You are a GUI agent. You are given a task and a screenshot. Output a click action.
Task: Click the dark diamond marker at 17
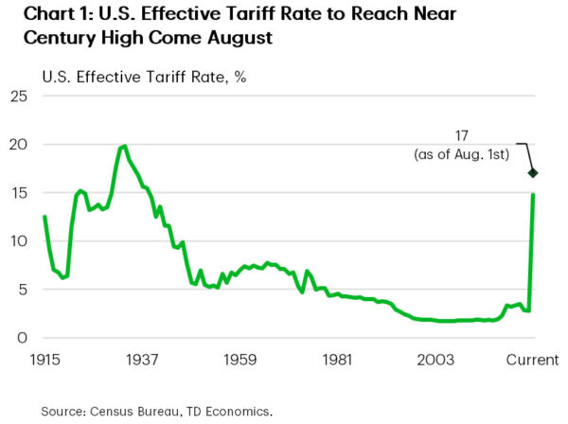pyautogui.click(x=533, y=173)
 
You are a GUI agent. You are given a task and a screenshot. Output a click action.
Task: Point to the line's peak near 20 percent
pyautogui.click(x=124, y=146)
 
